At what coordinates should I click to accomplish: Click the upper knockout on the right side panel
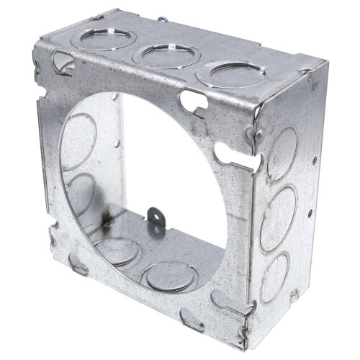point(282,153)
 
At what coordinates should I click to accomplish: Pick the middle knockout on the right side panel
point(278,210)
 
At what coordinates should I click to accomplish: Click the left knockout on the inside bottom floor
point(119,251)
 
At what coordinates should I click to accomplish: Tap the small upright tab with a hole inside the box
point(154,215)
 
